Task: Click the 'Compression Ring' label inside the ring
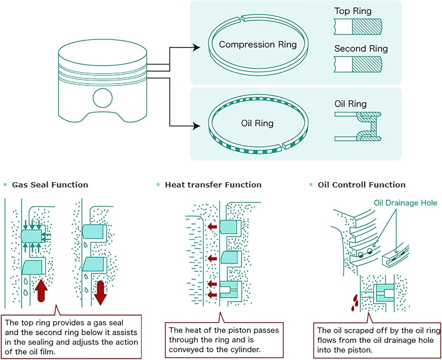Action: [x=258, y=45]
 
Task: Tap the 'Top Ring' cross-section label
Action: [x=353, y=11]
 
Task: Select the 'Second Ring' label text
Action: [x=361, y=49]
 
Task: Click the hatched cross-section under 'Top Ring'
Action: [x=367, y=27]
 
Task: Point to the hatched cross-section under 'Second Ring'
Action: [x=367, y=64]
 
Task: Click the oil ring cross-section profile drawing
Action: [x=358, y=126]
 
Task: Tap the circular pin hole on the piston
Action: [x=103, y=98]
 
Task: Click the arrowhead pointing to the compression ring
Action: [x=196, y=47]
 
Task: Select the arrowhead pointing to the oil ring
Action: [x=196, y=126]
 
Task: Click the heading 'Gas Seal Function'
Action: [x=50, y=185]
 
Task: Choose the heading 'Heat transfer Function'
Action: [x=213, y=185]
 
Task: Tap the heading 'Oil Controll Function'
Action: [x=362, y=185]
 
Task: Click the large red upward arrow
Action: [x=41, y=290]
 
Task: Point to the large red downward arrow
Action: [x=100, y=293]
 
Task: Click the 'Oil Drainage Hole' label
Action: [x=405, y=203]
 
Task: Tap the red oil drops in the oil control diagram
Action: [x=354, y=303]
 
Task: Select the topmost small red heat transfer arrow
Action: [x=212, y=226]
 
